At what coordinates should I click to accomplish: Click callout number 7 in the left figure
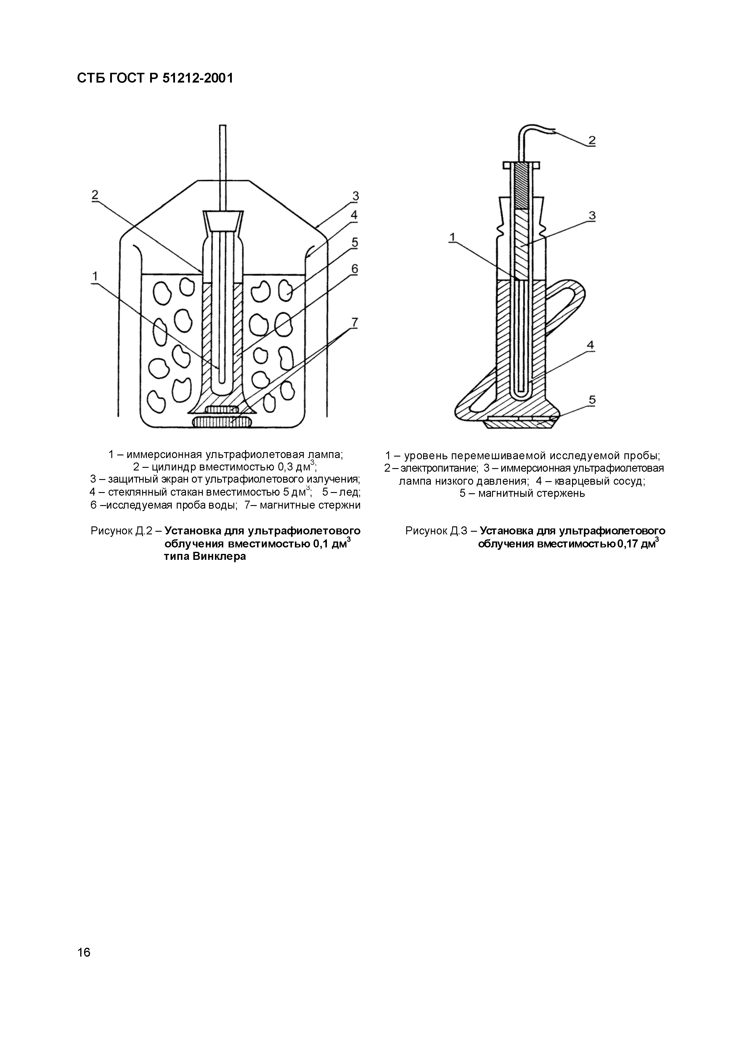coord(354,322)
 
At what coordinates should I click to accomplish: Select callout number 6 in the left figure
coord(354,269)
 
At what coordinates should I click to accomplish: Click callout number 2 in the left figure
coord(95,195)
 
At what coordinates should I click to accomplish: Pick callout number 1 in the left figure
coord(95,276)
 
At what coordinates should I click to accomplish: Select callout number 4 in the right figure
coord(591,345)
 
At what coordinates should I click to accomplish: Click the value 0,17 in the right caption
coord(629,544)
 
